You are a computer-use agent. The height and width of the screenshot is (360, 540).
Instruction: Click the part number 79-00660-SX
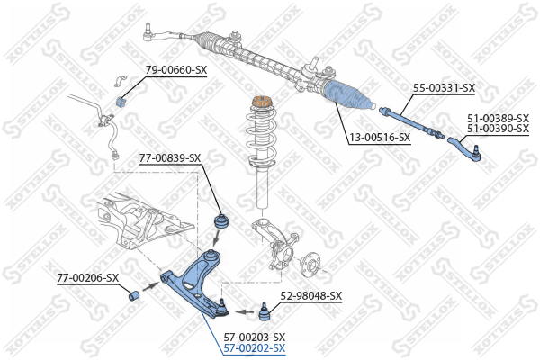coord(176,70)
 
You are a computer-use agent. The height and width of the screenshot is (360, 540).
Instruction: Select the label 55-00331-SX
coord(444,88)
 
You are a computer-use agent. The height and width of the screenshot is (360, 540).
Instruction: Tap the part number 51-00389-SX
coord(498,119)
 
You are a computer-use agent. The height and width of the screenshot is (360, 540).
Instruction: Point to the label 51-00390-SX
coord(498,129)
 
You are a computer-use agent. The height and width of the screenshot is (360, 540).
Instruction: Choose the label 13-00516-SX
coord(380,138)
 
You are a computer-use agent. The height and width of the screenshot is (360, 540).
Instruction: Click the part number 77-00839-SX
coord(170,158)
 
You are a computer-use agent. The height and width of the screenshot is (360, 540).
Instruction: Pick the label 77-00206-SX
coord(88,278)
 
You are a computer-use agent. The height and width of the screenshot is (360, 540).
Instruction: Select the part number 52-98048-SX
coord(311,295)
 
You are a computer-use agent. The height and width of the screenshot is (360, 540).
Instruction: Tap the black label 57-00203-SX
coord(255,337)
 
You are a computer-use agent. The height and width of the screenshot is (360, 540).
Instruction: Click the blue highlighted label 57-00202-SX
coord(255,348)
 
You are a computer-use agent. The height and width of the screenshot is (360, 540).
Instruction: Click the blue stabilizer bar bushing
coord(120,102)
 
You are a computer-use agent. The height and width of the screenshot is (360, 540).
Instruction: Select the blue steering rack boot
coord(348,95)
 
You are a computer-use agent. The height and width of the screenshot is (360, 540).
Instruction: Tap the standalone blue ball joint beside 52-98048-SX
coord(264,311)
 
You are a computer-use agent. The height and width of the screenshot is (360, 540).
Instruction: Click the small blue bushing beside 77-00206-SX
coord(133,295)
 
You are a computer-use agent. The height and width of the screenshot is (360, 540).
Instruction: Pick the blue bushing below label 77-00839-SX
coord(222,220)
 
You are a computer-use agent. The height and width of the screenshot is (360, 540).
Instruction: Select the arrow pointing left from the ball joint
coord(244,312)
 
